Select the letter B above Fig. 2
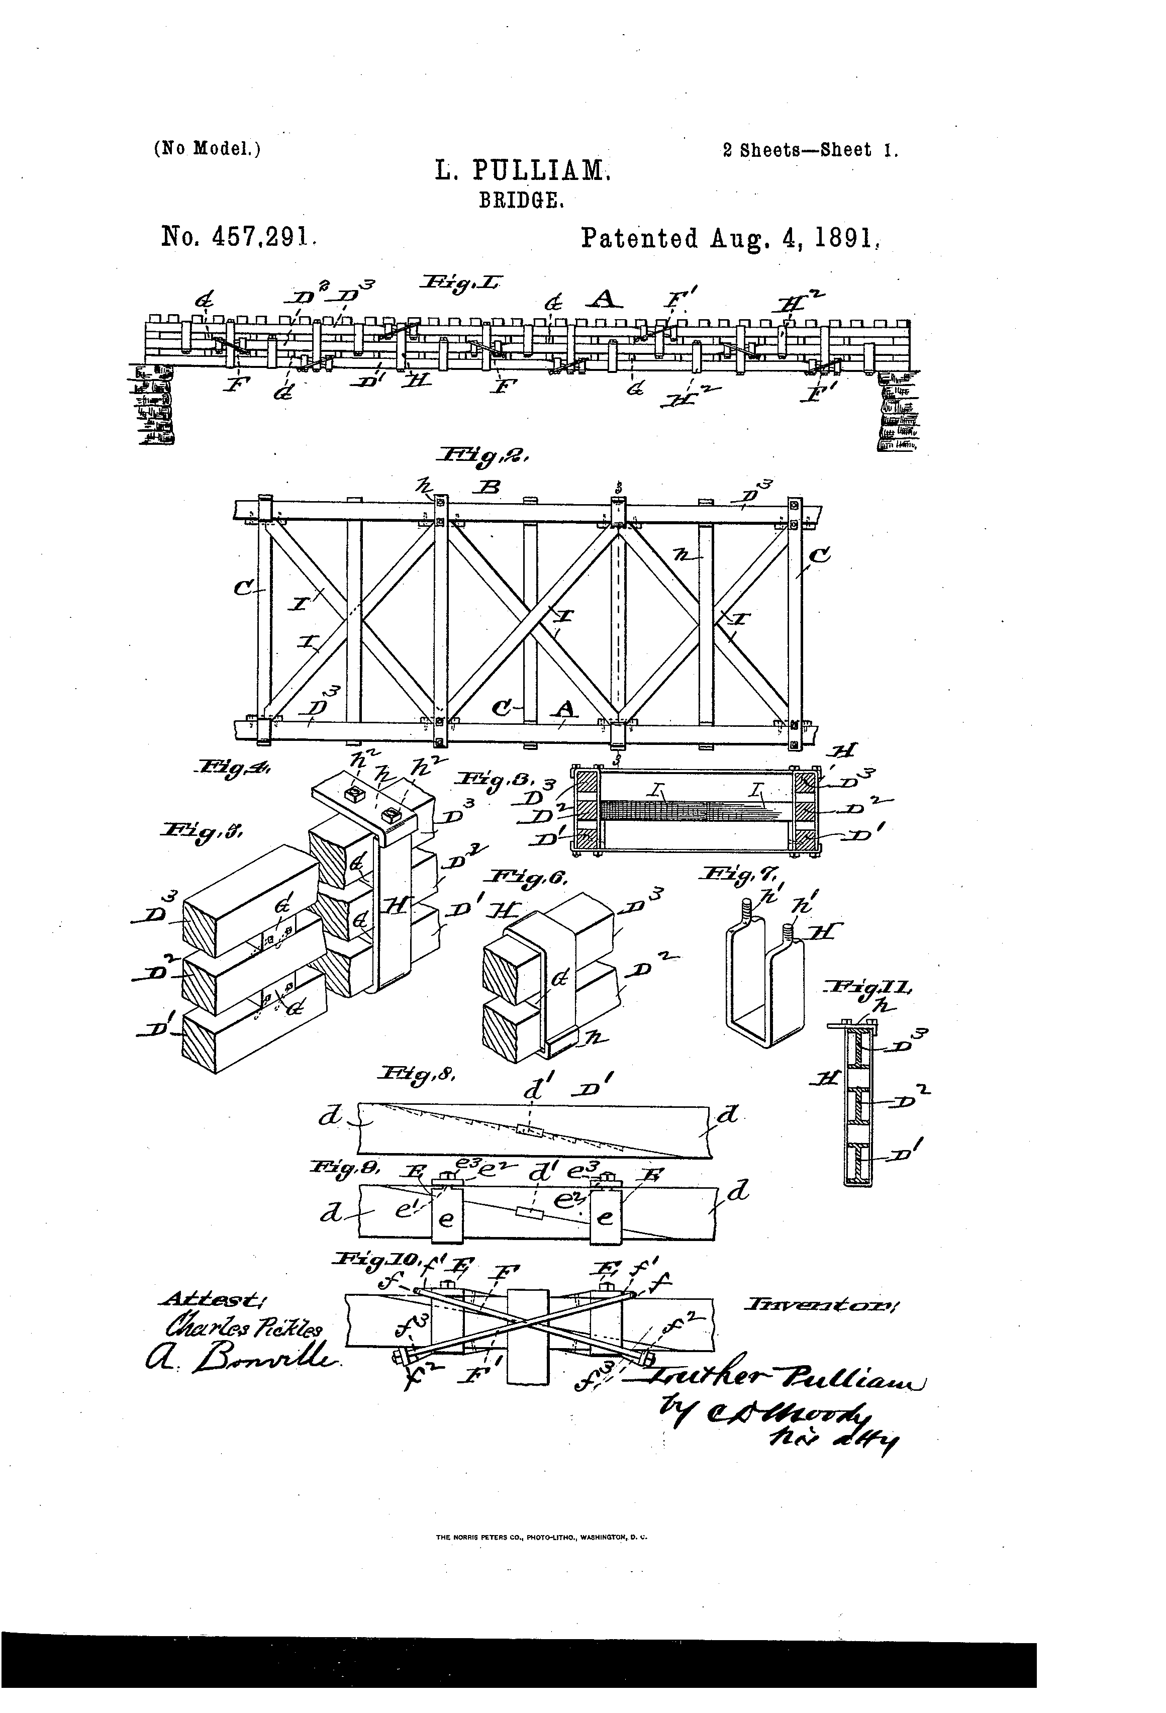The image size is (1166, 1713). [490, 487]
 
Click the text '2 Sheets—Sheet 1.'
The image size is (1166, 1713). [810, 150]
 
